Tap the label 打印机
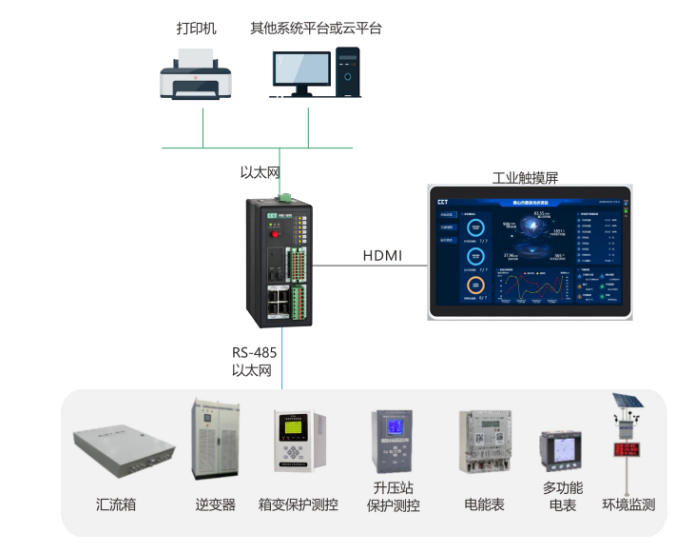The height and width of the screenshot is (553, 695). (196, 29)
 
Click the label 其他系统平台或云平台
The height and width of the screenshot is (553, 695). (316, 29)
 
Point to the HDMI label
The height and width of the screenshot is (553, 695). (382, 256)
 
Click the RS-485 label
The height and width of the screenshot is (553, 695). (254, 352)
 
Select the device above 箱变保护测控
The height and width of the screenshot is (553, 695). (298, 441)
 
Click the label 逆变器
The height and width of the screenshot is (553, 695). (215, 504)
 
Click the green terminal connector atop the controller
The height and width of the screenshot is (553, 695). (284, 197)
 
